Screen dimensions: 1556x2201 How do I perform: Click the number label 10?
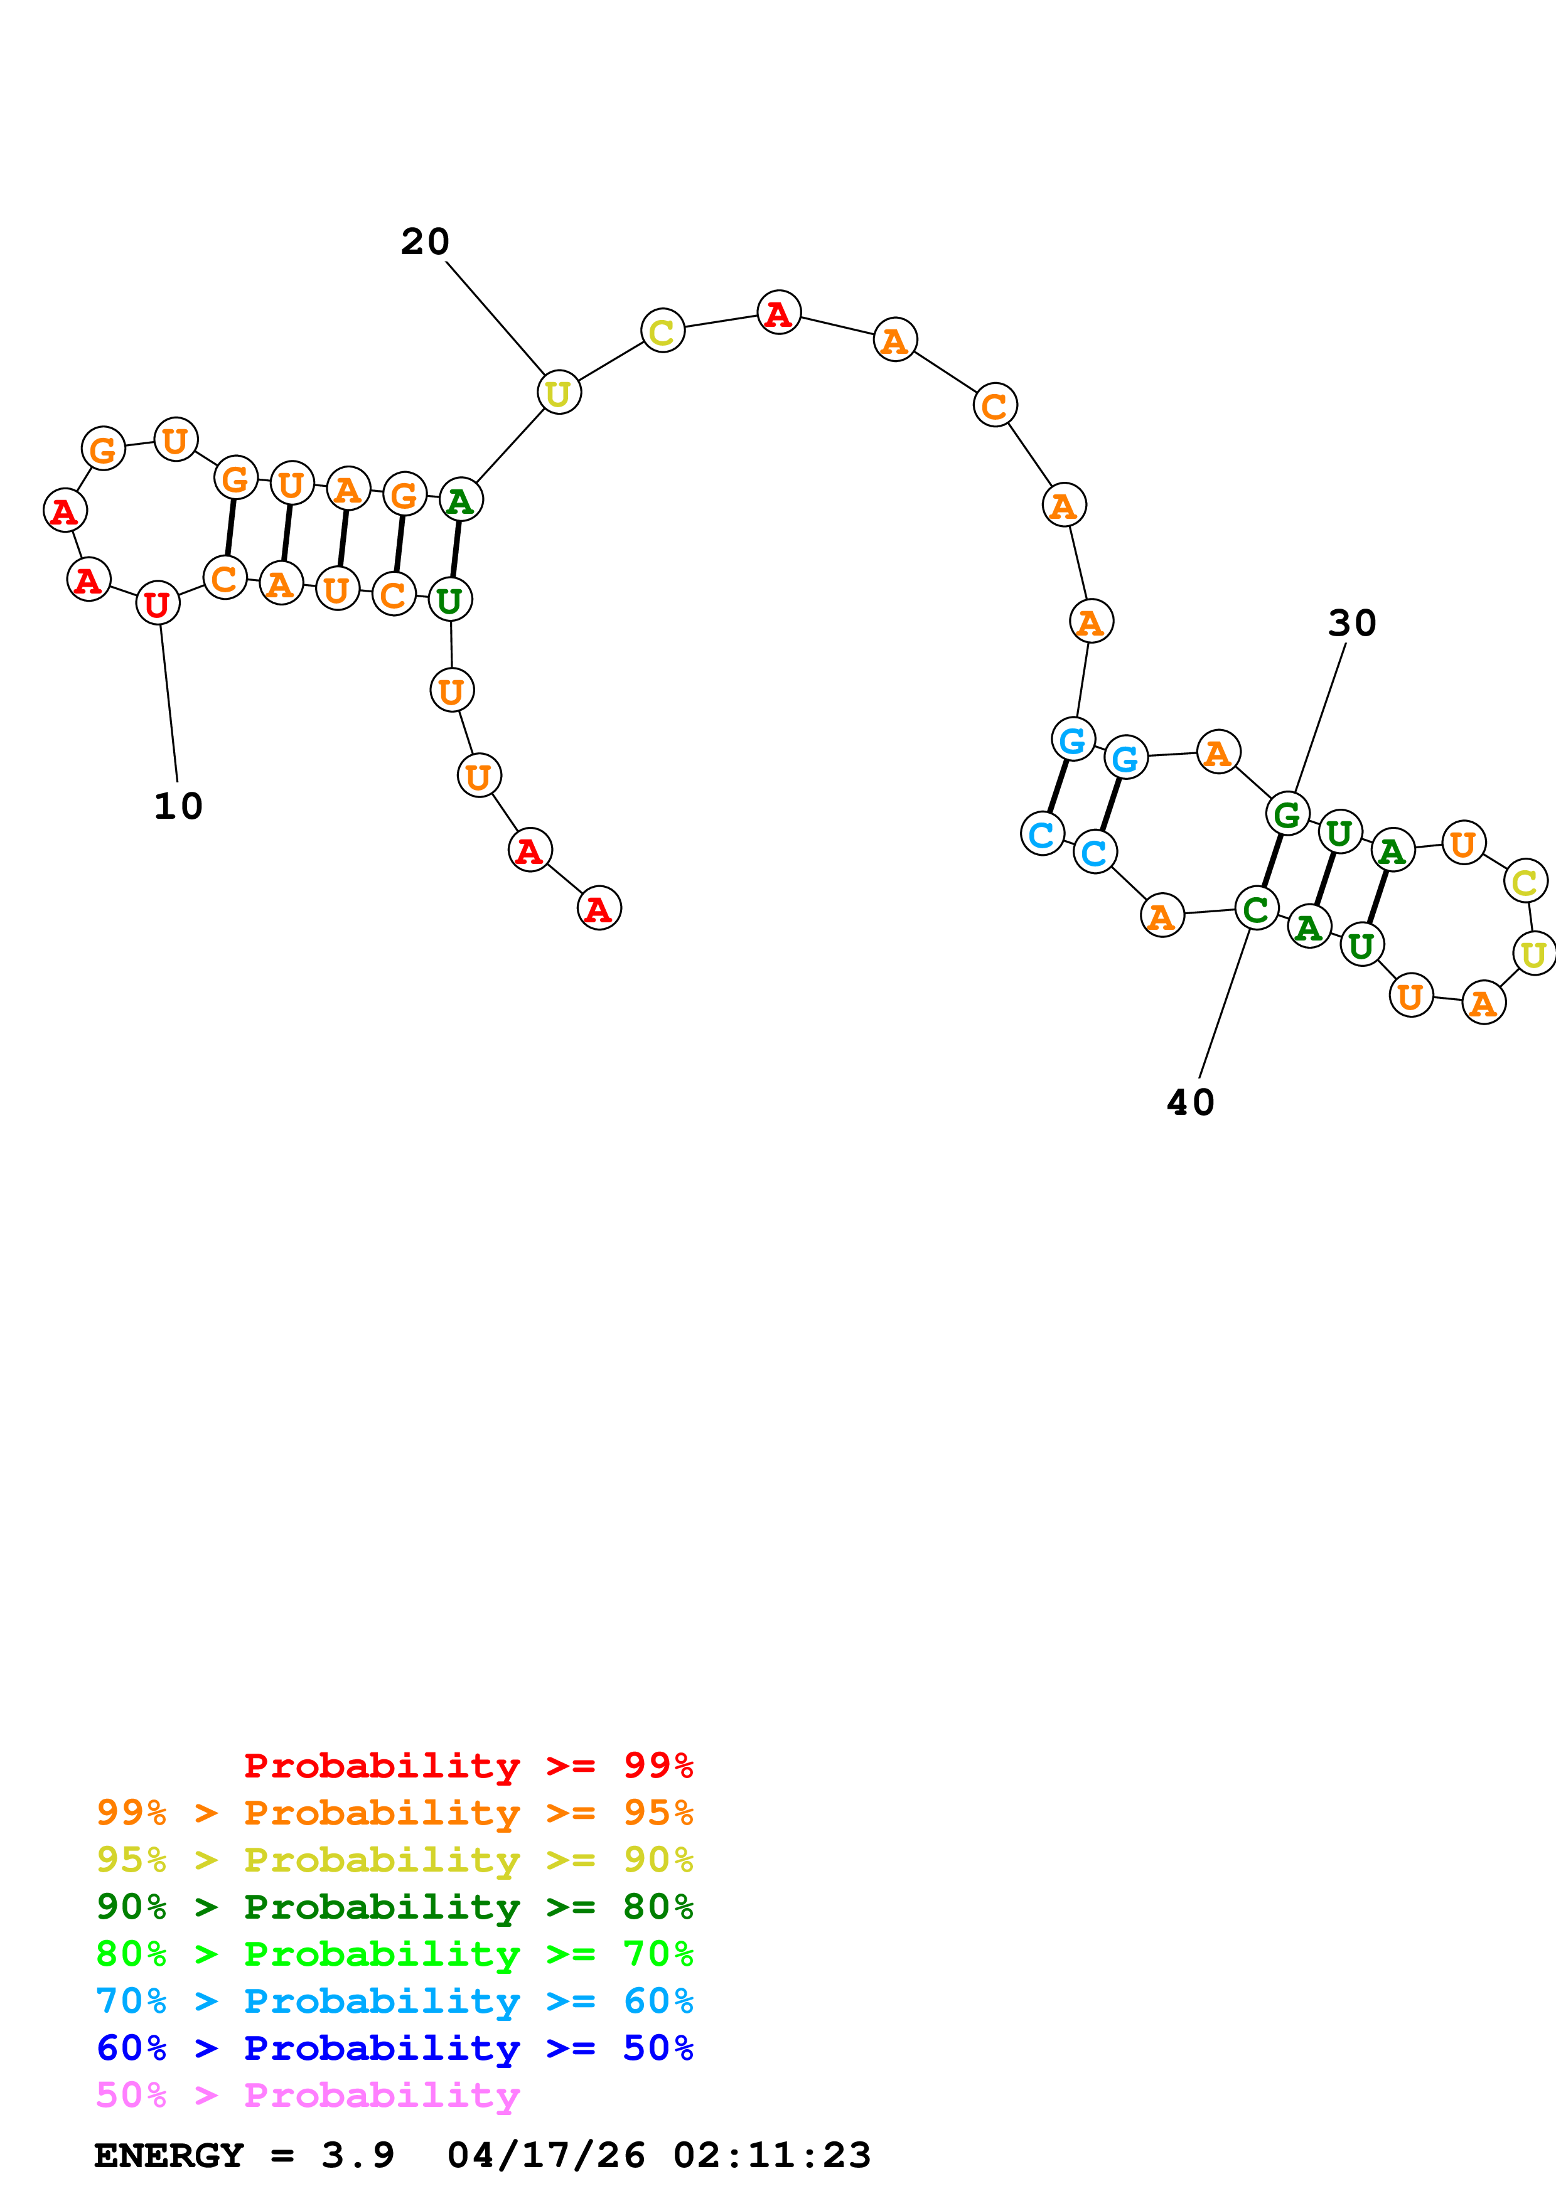[x=178, y=806]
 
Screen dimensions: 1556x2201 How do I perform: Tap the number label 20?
[x=425, y=242]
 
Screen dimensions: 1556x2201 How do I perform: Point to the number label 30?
[x=1352, y=623]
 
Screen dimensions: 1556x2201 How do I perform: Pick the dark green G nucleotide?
[x=1287, y=814]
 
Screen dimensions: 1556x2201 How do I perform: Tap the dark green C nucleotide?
[x=1257, y=908]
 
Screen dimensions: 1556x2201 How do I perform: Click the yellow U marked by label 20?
[x=559, y=393]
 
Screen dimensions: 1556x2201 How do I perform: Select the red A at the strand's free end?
[x=599, y=908]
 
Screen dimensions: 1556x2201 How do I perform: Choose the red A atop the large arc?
[x=778, y=312]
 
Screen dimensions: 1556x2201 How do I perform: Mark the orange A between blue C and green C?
[x=1162, y=917]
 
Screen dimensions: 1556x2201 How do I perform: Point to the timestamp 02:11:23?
[x=772, y=2155]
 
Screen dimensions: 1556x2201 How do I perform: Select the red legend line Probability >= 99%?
[x=468, y=1766]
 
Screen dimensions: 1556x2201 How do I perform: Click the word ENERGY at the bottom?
[x=169, y=2155]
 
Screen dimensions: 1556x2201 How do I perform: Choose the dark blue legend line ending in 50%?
[x=394, y=2048]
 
